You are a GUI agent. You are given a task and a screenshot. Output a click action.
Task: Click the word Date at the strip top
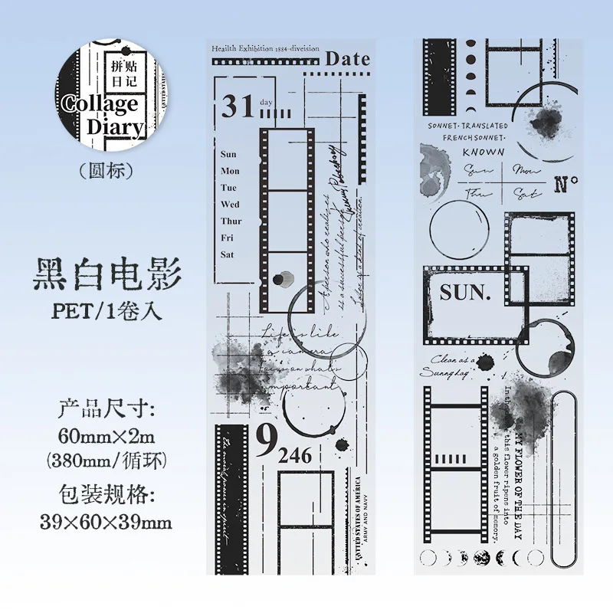347,58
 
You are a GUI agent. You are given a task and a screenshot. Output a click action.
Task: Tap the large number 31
238,107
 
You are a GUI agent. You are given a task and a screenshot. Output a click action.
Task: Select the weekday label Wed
230,205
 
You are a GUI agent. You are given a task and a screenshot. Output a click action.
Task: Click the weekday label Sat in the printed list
228,254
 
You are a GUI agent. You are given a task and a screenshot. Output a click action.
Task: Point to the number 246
294,456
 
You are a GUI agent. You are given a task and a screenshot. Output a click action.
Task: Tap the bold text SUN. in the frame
464,292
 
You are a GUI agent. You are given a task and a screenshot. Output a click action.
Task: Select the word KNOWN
484,151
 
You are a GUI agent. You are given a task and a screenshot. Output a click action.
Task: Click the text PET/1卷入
107,313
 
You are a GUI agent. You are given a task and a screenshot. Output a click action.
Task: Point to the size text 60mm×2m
107,435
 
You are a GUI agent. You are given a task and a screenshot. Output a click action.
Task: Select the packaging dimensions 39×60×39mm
107,523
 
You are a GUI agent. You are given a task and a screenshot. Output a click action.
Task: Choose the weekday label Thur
231,221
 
